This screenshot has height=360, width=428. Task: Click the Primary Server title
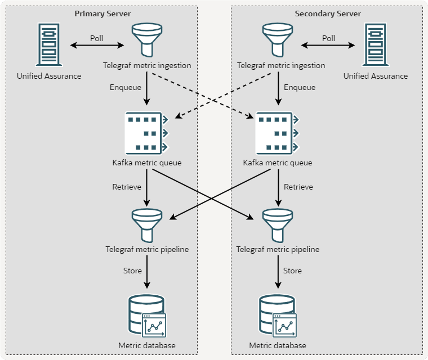[x=104, y=13]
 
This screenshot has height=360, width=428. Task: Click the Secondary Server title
[x=328, y=13]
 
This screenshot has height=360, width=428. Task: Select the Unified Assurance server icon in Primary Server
[x=48, y=45]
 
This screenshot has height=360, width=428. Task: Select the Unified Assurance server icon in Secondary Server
[x=376, y=45]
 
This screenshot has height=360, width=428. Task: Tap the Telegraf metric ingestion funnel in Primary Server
[x=147, y=40]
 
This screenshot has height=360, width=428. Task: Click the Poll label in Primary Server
[x=97, y=38]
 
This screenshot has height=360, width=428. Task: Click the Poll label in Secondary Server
[x=328, y=38]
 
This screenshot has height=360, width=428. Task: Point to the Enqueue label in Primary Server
[x=126, y=87]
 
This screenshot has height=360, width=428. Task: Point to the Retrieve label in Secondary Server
[x=298, y=187]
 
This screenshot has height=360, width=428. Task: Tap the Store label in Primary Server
[x=132, y=271]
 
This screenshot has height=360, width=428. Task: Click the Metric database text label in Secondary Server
[x=278, y=345]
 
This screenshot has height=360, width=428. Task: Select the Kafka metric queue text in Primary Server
[x=147, y=163]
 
